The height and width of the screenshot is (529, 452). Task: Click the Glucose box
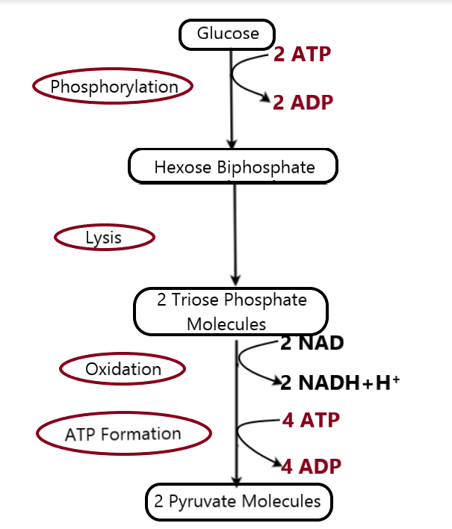pos(228,34)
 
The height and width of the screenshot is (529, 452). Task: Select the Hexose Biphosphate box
pos(234,167)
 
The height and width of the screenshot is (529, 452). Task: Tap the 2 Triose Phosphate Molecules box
pos(231,312)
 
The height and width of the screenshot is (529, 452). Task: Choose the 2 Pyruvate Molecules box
pos(238,501)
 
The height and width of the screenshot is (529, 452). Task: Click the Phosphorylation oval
pos(114,87)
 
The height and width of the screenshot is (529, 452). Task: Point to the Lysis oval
pos(105,238)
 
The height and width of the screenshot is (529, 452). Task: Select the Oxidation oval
pos(123,369)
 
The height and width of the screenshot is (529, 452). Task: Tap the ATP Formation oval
pos(123,434)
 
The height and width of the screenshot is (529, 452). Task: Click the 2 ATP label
pos(302,55)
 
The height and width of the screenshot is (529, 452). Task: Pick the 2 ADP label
pos(302,103)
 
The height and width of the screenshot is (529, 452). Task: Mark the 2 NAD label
pos(312,344)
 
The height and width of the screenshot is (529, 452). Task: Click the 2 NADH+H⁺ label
pos(341,383)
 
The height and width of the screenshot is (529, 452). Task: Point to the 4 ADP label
pos(311,467)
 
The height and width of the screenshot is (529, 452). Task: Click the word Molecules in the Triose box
pos(226,324)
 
